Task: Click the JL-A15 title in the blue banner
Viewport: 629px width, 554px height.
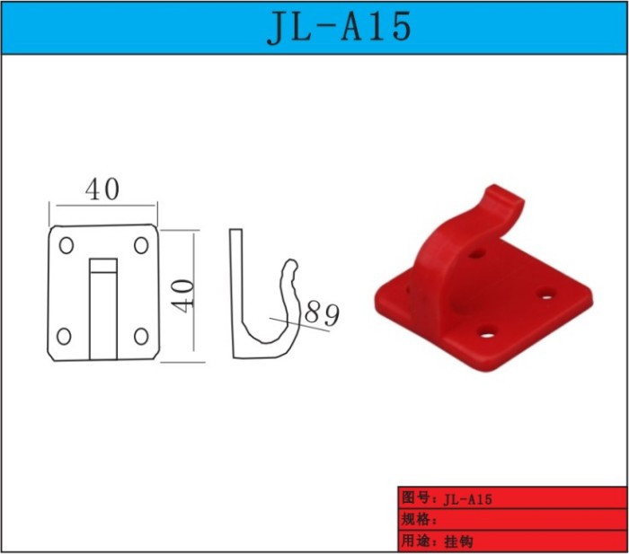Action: [340, 27]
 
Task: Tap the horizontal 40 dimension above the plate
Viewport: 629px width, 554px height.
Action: [102, 189]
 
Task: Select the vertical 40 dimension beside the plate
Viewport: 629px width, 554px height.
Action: [182, 295]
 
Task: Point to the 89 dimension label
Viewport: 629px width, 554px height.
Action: [322, 313]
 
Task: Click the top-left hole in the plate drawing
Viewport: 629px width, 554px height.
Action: [66, 245]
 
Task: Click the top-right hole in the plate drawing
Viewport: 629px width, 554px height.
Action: [141, 245]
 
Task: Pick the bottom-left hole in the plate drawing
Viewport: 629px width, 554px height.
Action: [64, 337]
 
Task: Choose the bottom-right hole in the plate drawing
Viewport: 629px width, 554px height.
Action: [141, 337]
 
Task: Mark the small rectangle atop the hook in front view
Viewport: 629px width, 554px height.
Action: [103, 266]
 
